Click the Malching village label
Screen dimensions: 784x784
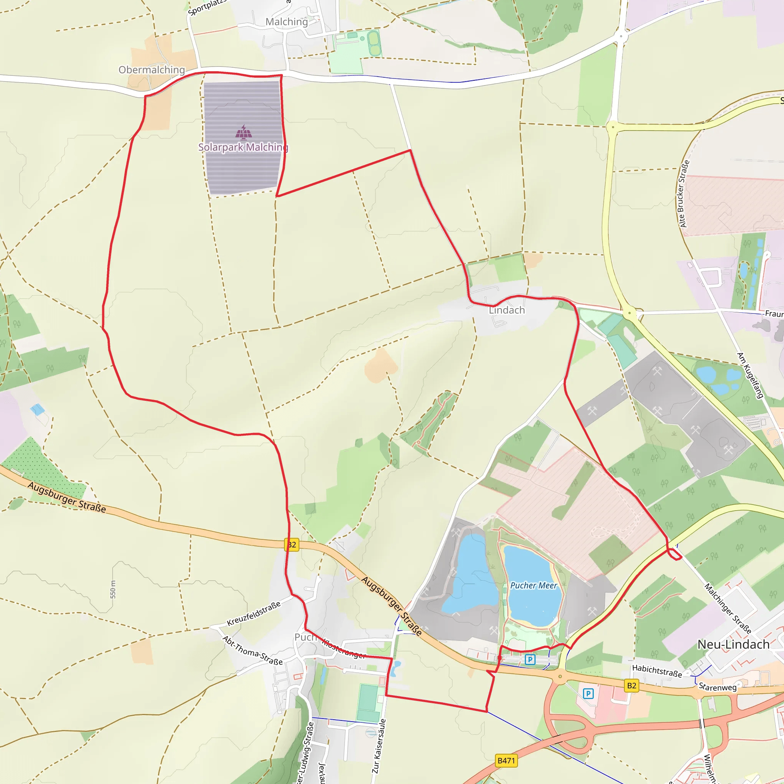286,22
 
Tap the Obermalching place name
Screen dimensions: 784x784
151,70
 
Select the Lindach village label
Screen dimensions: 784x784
507,310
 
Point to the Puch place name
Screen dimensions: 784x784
305,637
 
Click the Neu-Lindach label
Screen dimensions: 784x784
733,644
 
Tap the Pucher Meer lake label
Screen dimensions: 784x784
534,586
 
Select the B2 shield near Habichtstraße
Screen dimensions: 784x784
631,686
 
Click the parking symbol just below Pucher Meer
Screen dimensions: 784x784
529,660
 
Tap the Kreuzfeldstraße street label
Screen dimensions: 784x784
254,614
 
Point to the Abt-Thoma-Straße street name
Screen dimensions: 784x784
252,650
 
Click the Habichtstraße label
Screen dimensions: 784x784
657,670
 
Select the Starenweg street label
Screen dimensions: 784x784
717,687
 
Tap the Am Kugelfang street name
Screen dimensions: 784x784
750,376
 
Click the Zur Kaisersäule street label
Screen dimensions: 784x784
379,746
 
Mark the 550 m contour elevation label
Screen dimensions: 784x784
113,589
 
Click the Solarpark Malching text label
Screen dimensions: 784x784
243,147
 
